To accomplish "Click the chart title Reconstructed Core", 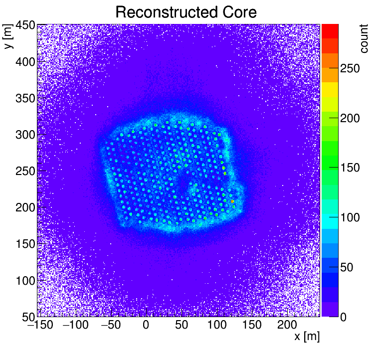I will (x=186, y=12).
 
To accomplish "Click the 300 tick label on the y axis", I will (x=24, y=135).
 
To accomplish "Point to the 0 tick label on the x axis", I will (x=146, y=325).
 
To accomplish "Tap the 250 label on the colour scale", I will (x=351, y=70).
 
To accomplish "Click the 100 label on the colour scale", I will (x=351, y=218).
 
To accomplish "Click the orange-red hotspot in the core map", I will (x=232, y=201).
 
